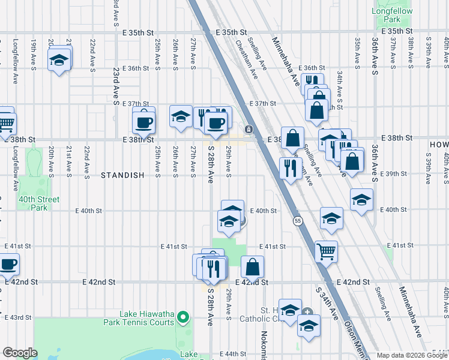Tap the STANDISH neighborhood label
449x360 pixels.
point(122,175)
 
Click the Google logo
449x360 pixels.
point(20,353)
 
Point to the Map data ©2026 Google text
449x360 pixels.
point(412,355)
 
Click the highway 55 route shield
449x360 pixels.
point(298,221)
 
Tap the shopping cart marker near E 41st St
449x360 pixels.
point(326,251)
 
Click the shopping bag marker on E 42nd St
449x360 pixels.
point(253,266)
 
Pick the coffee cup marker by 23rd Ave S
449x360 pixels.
point(143,123)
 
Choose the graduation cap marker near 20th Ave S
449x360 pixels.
point(59,60)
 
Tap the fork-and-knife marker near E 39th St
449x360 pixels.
point(291,169)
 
